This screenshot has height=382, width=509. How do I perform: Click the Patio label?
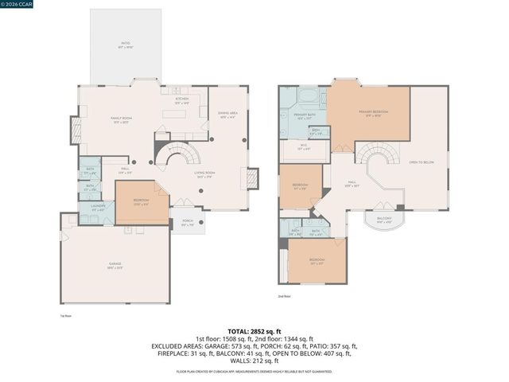click(126, 46)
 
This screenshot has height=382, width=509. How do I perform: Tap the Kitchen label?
click(182, 102)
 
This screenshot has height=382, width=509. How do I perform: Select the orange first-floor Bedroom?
click(142, 203)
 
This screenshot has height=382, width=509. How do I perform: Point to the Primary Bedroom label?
click(373, 113)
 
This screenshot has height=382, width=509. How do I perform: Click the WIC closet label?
click(304, 148)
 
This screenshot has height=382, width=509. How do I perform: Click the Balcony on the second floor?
click(384, 220)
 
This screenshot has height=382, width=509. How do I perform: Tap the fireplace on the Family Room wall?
click(76, 130)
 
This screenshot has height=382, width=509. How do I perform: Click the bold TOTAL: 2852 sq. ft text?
click(254, 330)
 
